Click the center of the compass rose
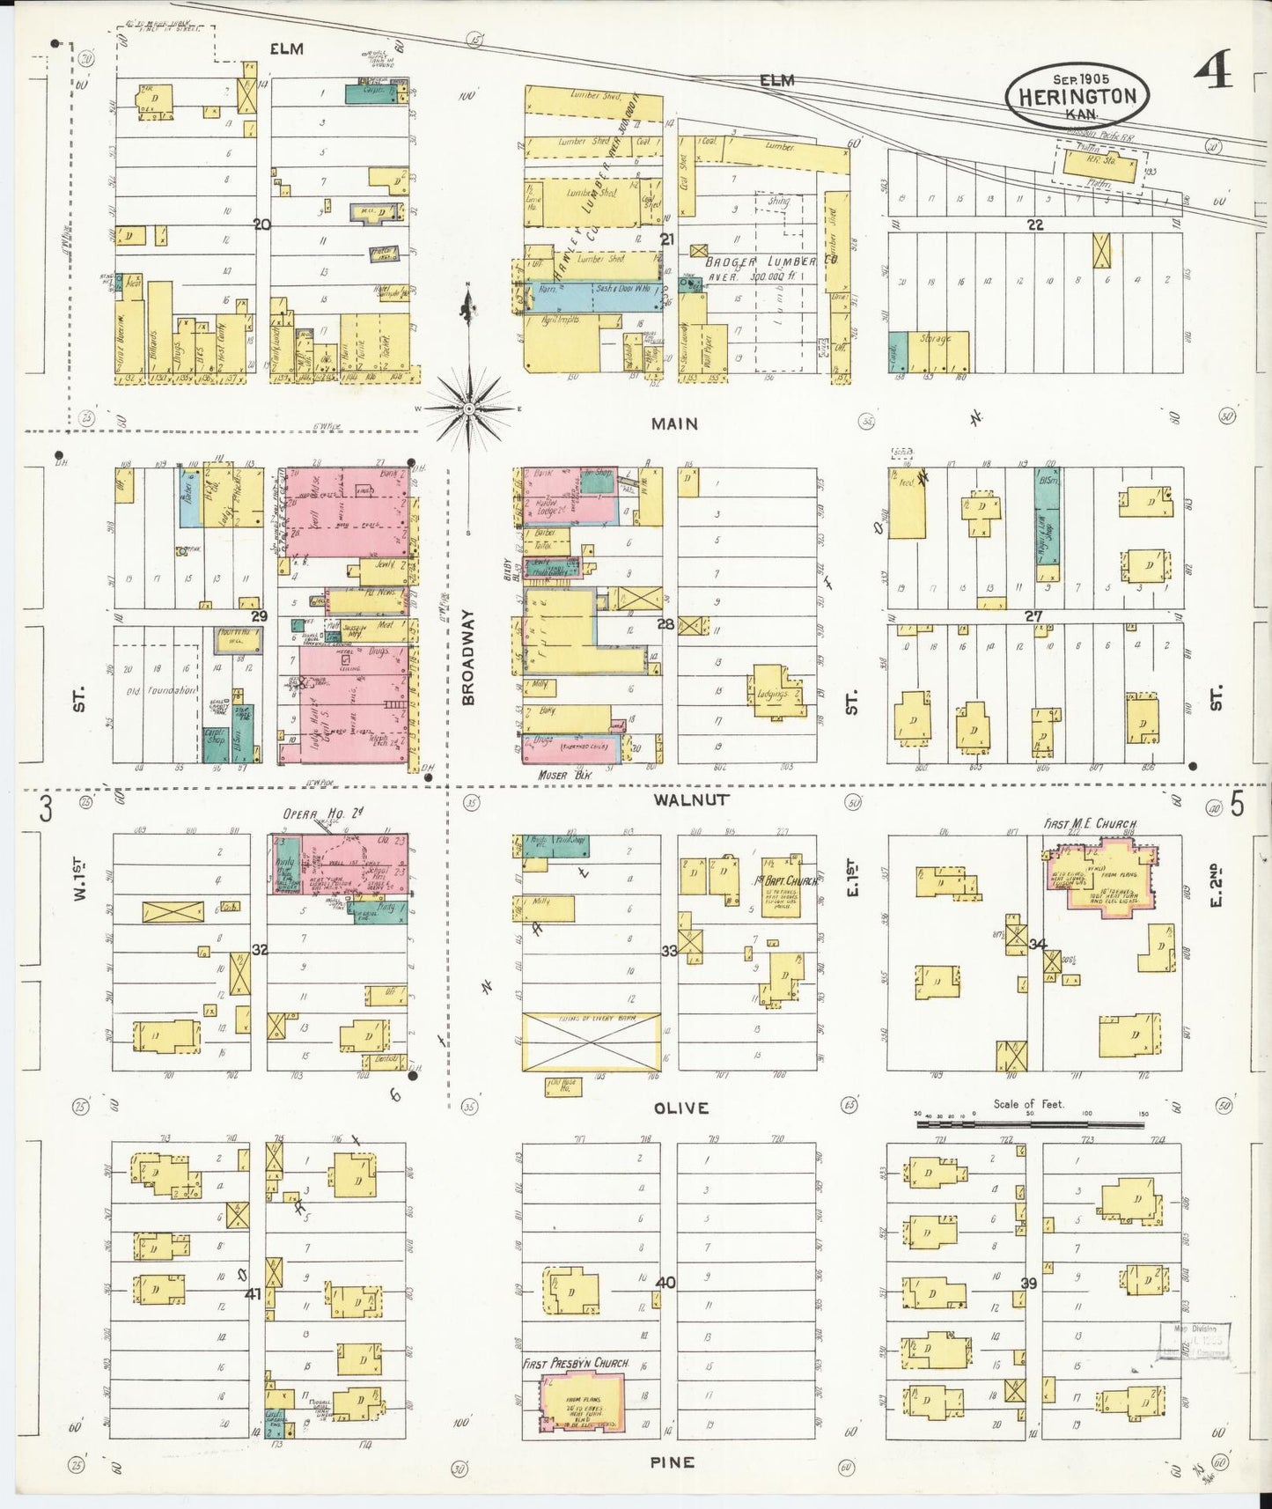[x=469, y=409]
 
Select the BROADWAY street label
[x=468, y=657]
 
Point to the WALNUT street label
[x=691, y=799]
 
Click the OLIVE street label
[x=681, y=1108]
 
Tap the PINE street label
[x=673, y=1461]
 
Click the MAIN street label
[x=674, y=423]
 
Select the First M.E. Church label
[x=1090, y=824]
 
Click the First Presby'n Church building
[x=573, y=1403]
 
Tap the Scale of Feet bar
[x=1030, y=1123]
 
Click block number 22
[x=1034, y=225]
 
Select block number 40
[x=666, y=1283]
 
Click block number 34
[x=1038, y=945]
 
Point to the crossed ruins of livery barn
[x=591, y=1042]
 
